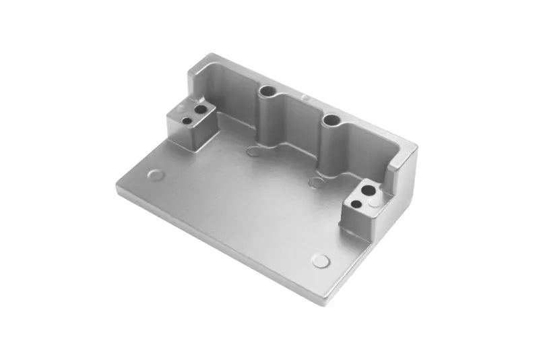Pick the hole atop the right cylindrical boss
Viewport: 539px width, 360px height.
pyautogui.click(x=331, y=120)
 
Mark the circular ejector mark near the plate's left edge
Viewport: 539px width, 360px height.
pyautogui.click(x=154, y=175)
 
